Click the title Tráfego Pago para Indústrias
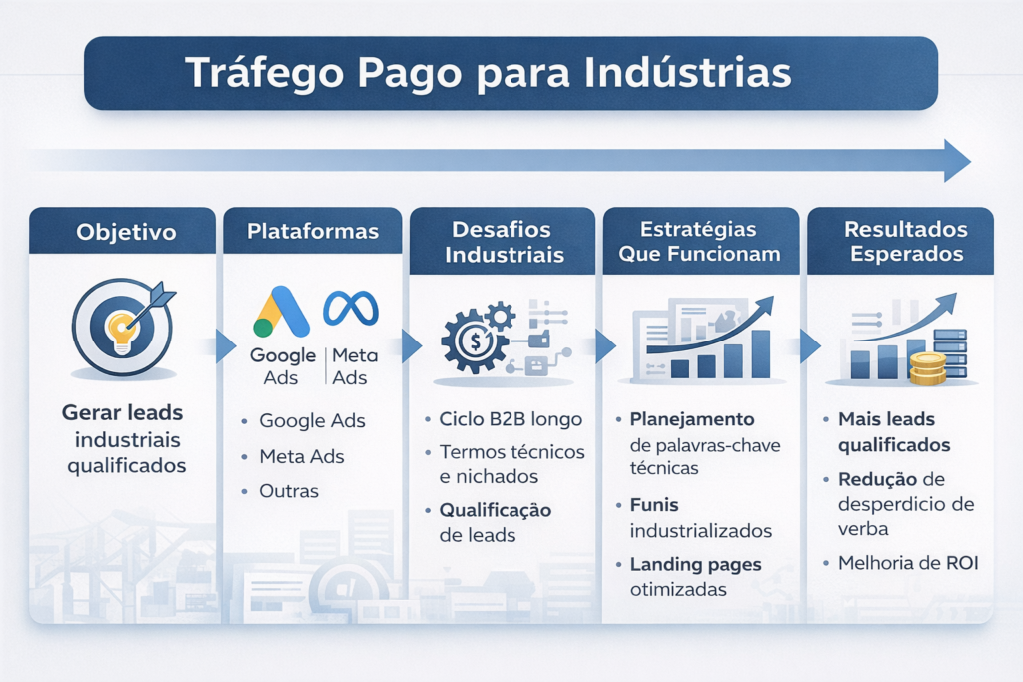click(x=490, y=74)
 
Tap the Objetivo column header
click(x=126, y=232)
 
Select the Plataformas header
click(x=313, y=231)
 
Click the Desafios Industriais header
click(x=505, y=241)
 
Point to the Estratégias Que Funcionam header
click(x=699, y=241)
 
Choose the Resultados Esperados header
click(x=903, y=241)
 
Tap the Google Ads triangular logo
click(x=281, y=312)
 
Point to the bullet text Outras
click(x=289, y=491)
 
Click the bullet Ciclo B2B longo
click(x=511, y=418)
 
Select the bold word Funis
click(x=655, y=504)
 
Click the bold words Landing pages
click(x=696, y=564)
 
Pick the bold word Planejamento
click(x=692, y=418)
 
